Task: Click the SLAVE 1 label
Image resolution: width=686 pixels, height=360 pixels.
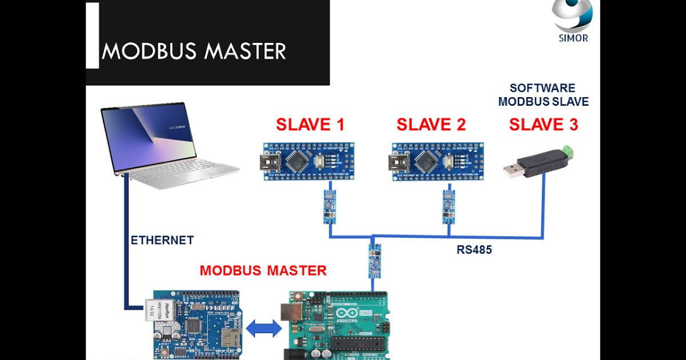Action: [310, 124]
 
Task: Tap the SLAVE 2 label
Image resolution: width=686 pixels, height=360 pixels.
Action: [431, 124]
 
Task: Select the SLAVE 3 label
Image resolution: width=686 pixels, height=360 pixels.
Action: [543, 124]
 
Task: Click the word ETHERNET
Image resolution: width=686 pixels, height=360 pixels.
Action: [162, 241]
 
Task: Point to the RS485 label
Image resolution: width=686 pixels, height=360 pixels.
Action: [474, 250]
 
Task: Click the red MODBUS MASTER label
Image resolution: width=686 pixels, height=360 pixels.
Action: [263, 270]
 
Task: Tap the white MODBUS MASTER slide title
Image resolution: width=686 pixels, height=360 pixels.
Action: [194, 52]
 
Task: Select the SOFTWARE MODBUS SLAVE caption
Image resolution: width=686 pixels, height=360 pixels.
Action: [543, 95]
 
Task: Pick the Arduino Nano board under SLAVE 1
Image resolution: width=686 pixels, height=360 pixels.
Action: [310, 161]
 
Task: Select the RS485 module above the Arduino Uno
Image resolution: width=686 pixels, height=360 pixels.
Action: [374, 261]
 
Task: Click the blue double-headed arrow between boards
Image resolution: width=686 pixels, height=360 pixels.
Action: [264, 329]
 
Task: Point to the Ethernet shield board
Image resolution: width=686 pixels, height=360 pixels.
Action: [194, 326]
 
